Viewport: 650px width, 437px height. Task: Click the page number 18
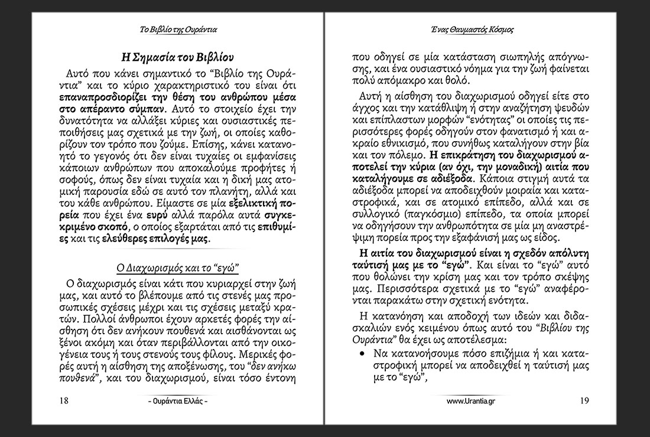65,401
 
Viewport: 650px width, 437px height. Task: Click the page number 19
584,401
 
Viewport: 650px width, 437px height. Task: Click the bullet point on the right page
361,354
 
